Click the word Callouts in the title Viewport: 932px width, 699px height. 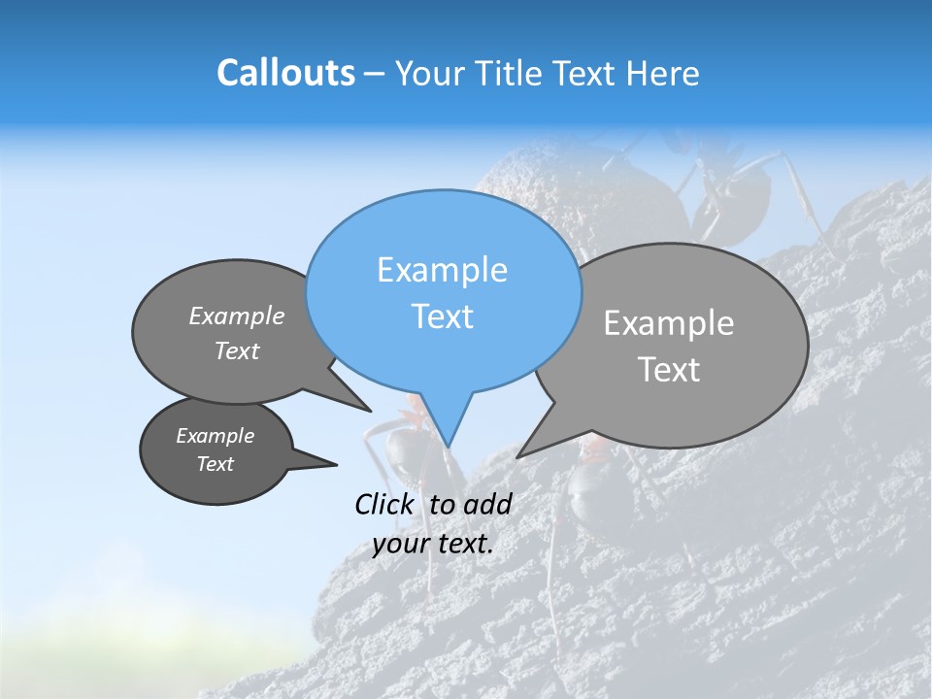click(x=285, y=73)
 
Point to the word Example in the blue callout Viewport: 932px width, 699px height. click(x=442, y=270)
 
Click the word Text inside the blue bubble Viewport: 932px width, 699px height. click(x=442, y=316)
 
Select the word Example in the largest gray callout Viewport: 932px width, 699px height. click(x=668, y=323)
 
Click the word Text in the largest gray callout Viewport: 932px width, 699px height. click(x=668, y=370)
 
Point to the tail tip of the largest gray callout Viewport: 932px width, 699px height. click(x=517, y=456)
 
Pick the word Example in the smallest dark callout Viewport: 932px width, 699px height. click(x=215, y=436)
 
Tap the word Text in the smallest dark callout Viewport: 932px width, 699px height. click(x=215, y=464)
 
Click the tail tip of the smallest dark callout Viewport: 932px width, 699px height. click(x=336, y=464)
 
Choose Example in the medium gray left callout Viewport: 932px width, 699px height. click(x=236, y=316)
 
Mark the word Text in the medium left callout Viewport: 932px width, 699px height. click(x=236, y=350)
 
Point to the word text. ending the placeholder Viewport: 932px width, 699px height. click(x=465, y=544)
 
